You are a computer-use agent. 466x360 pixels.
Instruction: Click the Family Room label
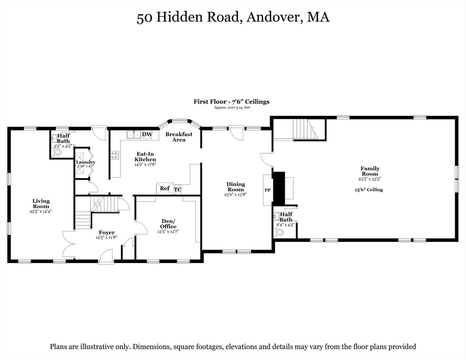click(370, 171)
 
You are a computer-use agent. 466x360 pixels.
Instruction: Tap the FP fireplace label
click(268, 190)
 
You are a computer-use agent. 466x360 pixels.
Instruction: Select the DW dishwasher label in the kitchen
click(147, 135)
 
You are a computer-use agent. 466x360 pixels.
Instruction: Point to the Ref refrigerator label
click(165, 188)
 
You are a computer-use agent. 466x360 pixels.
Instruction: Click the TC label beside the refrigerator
click(178, 189)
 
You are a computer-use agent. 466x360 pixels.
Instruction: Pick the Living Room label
click(41, 203)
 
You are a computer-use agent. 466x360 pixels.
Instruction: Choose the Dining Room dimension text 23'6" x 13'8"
click(236, 195)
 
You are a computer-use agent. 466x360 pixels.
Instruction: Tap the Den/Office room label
click(168, 224)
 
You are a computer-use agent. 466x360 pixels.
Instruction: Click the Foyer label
click(106, 232)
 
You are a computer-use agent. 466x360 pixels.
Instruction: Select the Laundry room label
click(86, 162)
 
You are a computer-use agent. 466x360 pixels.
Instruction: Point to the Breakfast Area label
click(179, 137)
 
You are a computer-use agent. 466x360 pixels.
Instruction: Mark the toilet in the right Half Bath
click(280, 232)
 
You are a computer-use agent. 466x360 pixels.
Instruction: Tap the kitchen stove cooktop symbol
click(114, 155)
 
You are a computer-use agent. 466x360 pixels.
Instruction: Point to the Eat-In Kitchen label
click(146, 157)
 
